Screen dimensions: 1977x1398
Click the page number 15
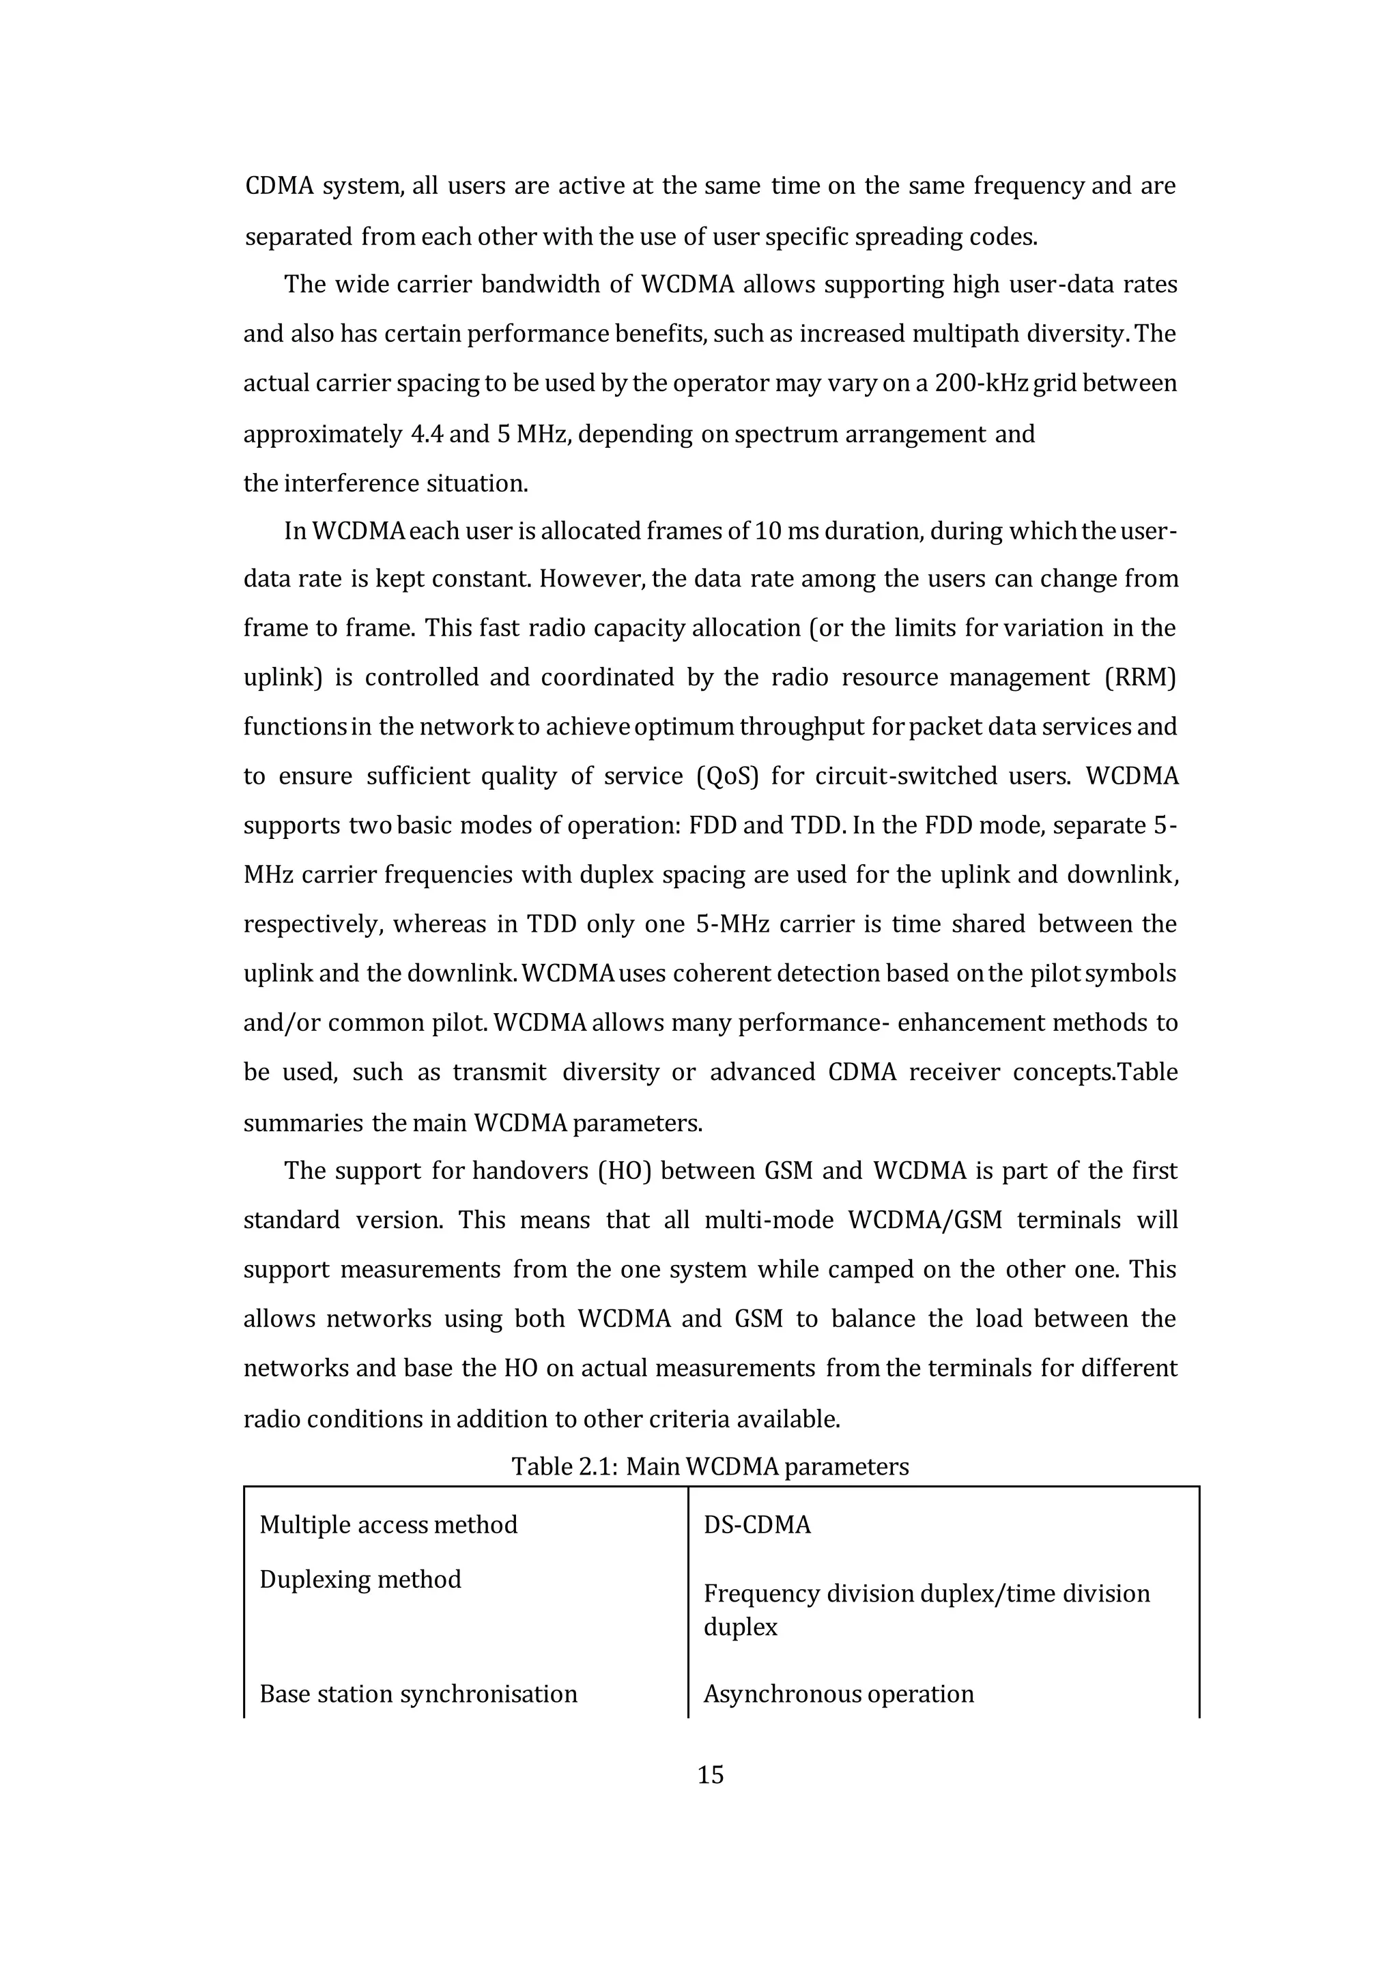click(x=710, y=1775)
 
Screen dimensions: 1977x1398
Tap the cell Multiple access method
click(x=388, y=1525)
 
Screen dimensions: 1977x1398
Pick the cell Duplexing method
click(x=360, y=1579)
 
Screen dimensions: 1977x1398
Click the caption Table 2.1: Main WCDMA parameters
click(x=710, y=1466)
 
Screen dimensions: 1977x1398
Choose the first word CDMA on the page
click(x=279, y=186)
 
